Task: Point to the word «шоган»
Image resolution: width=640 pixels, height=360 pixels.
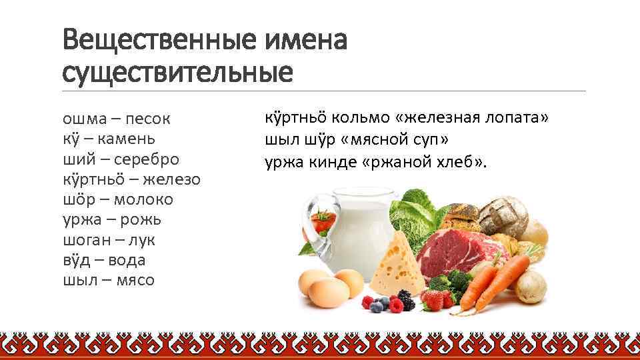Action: [84, 240]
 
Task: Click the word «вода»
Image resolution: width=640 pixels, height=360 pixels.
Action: [129, 260]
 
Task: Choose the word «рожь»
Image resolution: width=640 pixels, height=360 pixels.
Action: [139, 220]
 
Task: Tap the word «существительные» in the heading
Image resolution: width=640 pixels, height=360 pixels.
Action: [177, 72]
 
